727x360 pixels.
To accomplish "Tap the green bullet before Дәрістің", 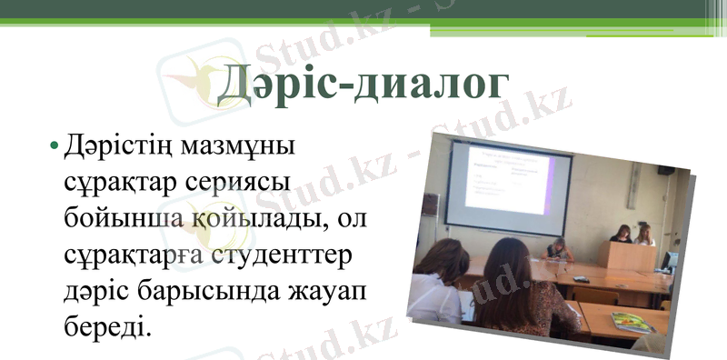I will (55, 146).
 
